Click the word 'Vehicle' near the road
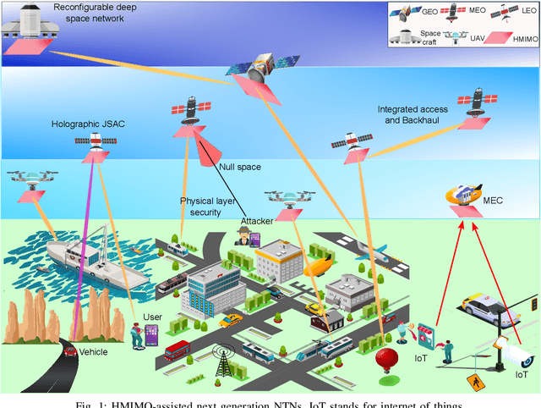tap(93, 351)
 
